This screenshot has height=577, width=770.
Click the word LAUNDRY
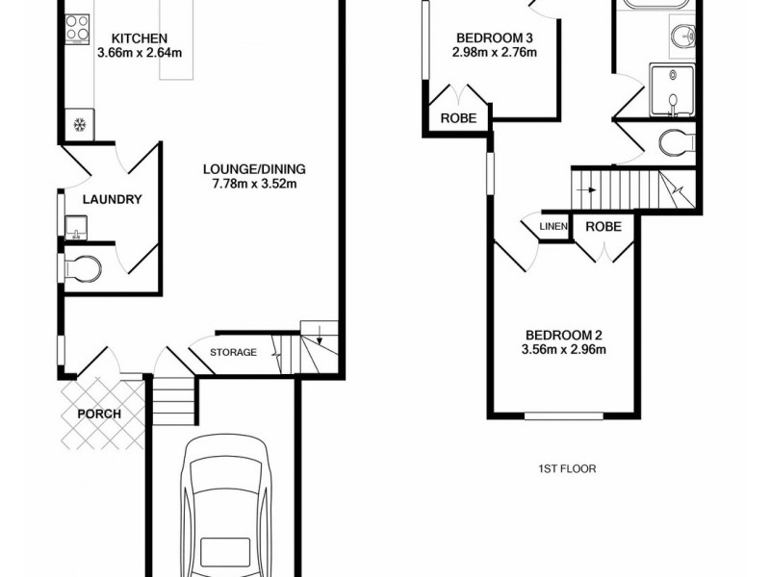tap(112, 200)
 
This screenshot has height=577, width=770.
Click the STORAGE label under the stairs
tap(234, 352)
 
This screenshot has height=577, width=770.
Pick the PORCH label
tap(99, 414)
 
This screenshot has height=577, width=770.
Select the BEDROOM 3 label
tap(494, 38)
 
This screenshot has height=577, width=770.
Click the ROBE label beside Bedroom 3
tap(459, 118)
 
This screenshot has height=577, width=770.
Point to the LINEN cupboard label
tap(554, 227)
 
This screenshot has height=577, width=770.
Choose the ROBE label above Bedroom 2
tap(603, 227)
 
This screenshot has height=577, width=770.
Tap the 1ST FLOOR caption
tap(567, 469)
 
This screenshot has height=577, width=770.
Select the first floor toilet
tap(677, 144)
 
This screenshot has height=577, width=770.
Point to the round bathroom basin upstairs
tap(684, 38)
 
